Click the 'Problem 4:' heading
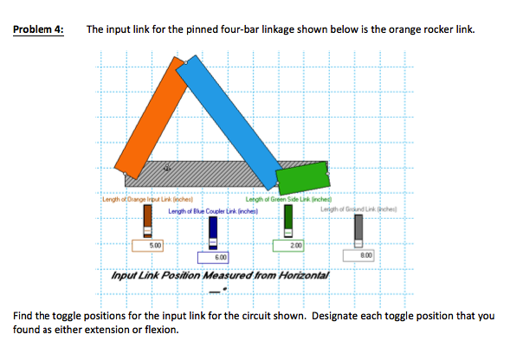click(39, 29)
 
